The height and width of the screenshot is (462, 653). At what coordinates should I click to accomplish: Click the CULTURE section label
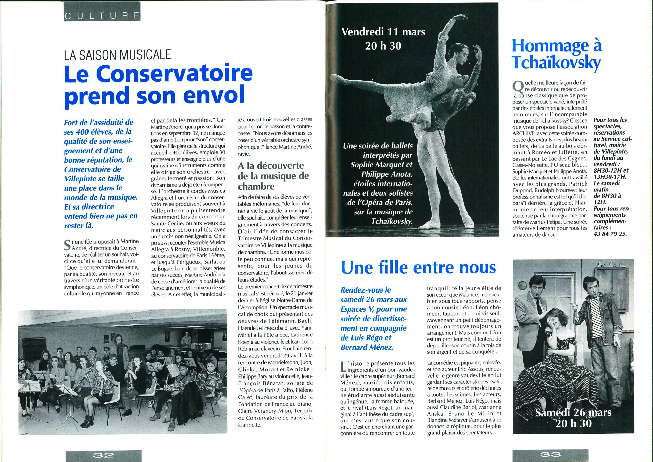[102, 15]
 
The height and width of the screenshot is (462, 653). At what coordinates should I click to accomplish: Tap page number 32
[103, 455]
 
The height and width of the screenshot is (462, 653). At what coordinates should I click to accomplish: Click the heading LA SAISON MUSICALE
[117, 55]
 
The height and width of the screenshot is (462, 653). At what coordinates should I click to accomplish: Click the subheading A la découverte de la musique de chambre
[273, 176]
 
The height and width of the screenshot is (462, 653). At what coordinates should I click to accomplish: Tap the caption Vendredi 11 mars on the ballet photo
[383, 32]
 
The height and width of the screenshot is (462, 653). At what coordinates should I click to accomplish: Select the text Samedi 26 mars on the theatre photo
[573, 412]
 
